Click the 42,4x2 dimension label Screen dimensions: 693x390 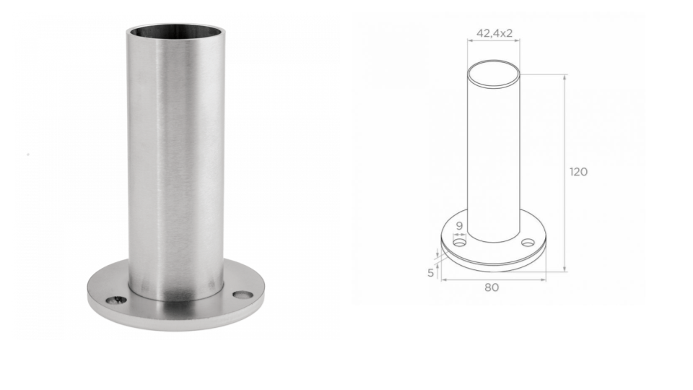pos(494,33)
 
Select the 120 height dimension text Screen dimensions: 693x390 pos(578,172)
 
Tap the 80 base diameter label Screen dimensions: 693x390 pos(492,287)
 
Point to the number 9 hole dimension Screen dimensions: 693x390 pos(459,225)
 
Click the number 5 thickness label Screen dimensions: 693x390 pos(430,273)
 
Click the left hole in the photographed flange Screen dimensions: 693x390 pos(116,300)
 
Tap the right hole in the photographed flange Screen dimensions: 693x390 pos(243,295)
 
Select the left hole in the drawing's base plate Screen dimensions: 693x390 pos(460,243)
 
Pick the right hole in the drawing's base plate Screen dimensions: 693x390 pos(528,243)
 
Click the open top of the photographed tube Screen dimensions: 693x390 pos(175,32)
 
